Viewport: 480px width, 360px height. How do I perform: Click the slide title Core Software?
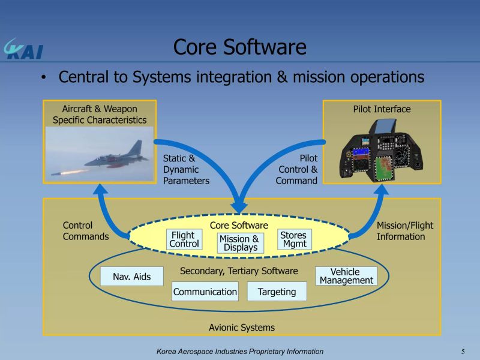tap(239, 47)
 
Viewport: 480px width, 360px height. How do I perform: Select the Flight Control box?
tap(184, 240)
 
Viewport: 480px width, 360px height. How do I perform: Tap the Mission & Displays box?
tap(240, 243)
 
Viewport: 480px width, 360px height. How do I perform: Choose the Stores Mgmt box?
tap(294, 239)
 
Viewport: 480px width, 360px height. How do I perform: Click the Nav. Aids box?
tap(132, 277)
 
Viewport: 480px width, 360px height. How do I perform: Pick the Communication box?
tap(205, 292)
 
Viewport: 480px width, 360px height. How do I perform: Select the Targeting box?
tap(277, 292)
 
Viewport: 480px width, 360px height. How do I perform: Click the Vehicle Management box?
tap(346, 276)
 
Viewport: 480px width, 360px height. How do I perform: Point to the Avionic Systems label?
tap(242, 328)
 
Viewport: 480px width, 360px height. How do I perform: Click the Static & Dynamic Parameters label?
tap(186, 170)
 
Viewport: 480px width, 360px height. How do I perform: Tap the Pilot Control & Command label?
tap(297, 170)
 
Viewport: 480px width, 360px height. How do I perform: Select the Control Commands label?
tap(86, 231)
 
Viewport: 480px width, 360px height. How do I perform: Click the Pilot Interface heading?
tap(382, 109)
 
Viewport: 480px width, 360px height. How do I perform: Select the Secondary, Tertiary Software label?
tap(239, 271)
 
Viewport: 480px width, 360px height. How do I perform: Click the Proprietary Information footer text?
tap(240, 352)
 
